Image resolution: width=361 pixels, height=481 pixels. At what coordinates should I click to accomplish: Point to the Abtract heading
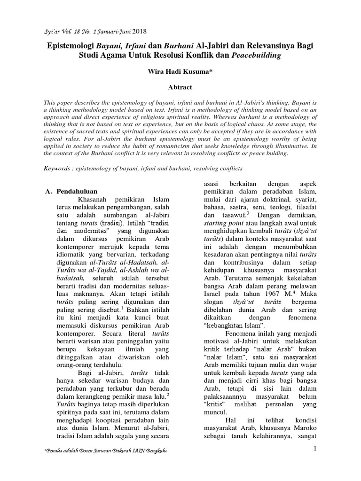(x=180, y=87)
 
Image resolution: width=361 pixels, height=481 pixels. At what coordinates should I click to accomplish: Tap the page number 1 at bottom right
(x=316, y=450)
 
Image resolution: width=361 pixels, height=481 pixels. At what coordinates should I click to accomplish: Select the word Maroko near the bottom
(x=305, y=426)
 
